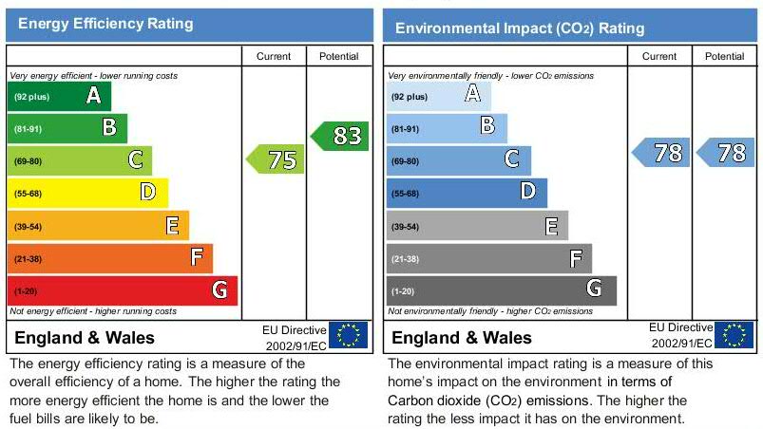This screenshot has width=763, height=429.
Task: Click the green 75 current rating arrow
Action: [x=277, y=159]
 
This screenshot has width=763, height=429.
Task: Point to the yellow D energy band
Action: [x=87, y=193]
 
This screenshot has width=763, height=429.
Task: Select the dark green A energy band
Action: [x=59, y=96]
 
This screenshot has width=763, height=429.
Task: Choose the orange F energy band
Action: [x=109, y=258]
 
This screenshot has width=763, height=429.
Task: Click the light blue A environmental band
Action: [x=438, y=96]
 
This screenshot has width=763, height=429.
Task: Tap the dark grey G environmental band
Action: [x=501, y=290]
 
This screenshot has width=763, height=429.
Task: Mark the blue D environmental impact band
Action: [x=467, y=193]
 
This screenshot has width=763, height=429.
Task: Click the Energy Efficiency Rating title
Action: [x=105, y=24]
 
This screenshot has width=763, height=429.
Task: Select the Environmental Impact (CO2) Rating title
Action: [x=519, y=28]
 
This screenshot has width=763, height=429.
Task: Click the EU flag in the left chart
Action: [x=348, y=335]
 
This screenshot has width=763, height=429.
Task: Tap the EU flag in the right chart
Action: [x=734, y=335]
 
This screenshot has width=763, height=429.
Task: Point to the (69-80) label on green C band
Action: [x=28, y=161]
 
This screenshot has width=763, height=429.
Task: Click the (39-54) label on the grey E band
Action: [x=406, y=227]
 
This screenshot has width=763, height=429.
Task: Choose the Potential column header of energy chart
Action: [x=338, y=57]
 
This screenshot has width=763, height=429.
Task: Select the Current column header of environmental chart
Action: [x=659, y=57]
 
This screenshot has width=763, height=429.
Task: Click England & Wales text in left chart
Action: [x=85, y=338]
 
